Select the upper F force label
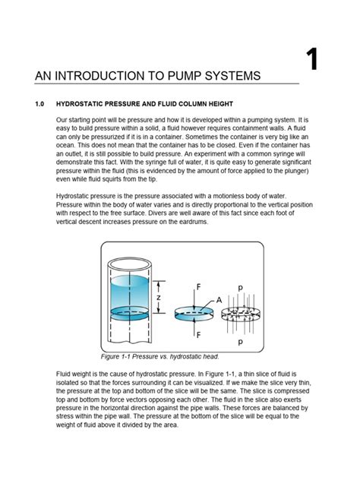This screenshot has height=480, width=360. click(x=198, y=288)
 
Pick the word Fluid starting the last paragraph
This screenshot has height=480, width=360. click(x=66, y=374)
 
